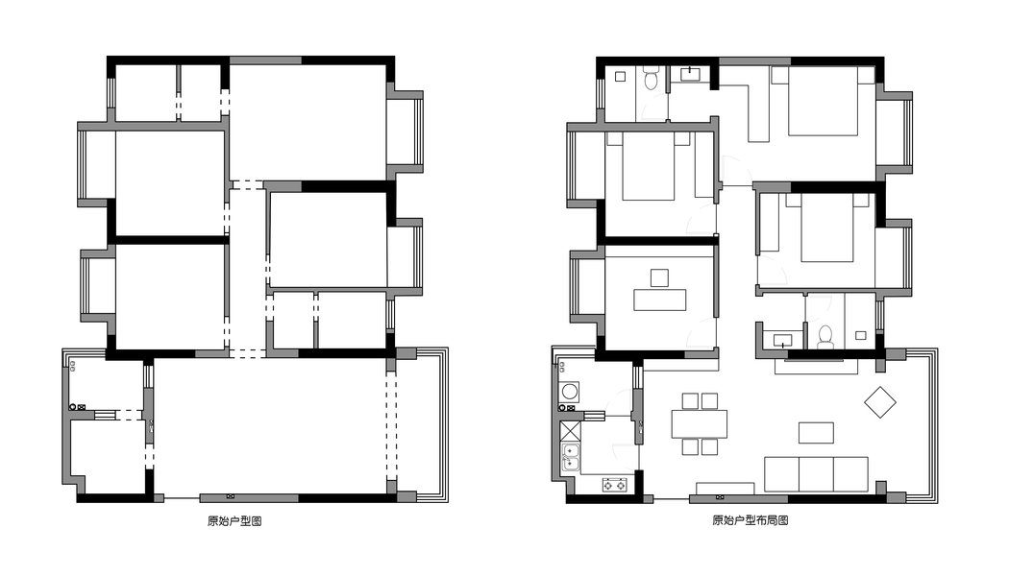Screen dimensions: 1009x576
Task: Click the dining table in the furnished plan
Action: [x=700, y=423]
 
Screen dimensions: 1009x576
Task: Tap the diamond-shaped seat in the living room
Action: [x=880, y=402]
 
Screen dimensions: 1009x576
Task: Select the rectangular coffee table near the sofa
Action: [x=817, y=433]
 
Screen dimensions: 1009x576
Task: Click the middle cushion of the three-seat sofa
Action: [x=817, y=474]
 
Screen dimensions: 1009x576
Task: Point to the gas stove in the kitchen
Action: [x=615, y=485]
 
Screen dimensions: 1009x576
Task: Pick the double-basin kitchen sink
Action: [x=571, y=457]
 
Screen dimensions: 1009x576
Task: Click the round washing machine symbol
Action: [x=570, y=391]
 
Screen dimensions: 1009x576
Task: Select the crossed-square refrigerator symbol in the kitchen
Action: [x=570, y=431]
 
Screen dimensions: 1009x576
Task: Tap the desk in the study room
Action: [x=659, y=300]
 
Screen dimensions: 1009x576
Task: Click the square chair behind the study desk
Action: [x=659, y=277]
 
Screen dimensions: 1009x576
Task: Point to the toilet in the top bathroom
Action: [x=652, y=79]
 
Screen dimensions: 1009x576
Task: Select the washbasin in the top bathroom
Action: [x=692, y=74]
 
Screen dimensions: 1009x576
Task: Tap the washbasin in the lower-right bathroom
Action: [x=782, y=340]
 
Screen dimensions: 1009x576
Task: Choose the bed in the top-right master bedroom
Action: [x=823, y=101]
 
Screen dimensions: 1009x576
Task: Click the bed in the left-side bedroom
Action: [x=649, y=166]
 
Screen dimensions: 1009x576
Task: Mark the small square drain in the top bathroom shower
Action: [x=621, y=77]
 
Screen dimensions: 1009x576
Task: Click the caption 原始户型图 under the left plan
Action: [x=234, y=520]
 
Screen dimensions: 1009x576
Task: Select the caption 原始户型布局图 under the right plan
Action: [x=751, y=520]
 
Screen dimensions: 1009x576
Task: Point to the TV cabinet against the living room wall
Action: [x=816, y=367]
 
